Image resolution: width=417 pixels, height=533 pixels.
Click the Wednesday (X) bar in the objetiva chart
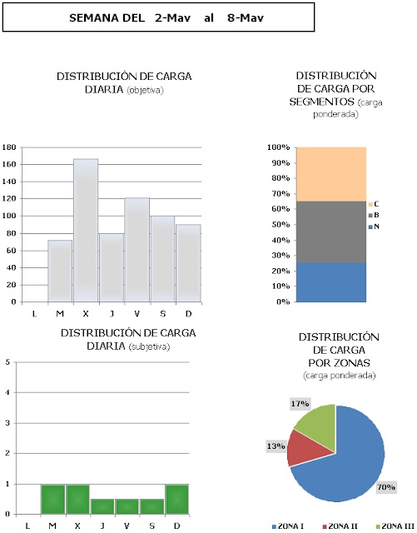[x=86, y=230]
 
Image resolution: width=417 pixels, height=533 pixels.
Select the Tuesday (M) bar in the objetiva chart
[x=60, y=271]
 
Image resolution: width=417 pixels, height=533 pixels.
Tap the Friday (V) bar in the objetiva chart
[x=137, y=250]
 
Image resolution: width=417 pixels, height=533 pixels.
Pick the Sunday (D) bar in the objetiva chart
[x=188, y=263]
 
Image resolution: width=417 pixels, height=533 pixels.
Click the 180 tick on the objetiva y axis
[x=9, y=147]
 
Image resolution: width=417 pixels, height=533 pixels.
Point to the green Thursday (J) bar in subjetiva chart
[x=102, y=506]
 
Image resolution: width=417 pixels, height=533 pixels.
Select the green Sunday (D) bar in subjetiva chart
[x=176, y=499]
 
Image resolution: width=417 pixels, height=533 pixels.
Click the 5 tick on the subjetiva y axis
[x=7, y=362]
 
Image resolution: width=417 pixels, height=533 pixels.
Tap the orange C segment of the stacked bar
[x=331, y=174]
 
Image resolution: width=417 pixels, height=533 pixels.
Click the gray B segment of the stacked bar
[x=331, y=232]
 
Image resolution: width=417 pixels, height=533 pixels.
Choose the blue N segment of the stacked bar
[x=331, y=282]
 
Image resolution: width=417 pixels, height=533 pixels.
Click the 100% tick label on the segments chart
[x=278, y=147]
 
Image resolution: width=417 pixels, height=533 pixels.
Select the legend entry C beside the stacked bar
[x=374, y=204]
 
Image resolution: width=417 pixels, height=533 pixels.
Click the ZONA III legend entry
[x=395, y=526]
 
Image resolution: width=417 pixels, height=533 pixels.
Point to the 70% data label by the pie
[x=386, y=487]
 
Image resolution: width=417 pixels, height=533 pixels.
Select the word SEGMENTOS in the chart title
[x=322, y=102]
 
